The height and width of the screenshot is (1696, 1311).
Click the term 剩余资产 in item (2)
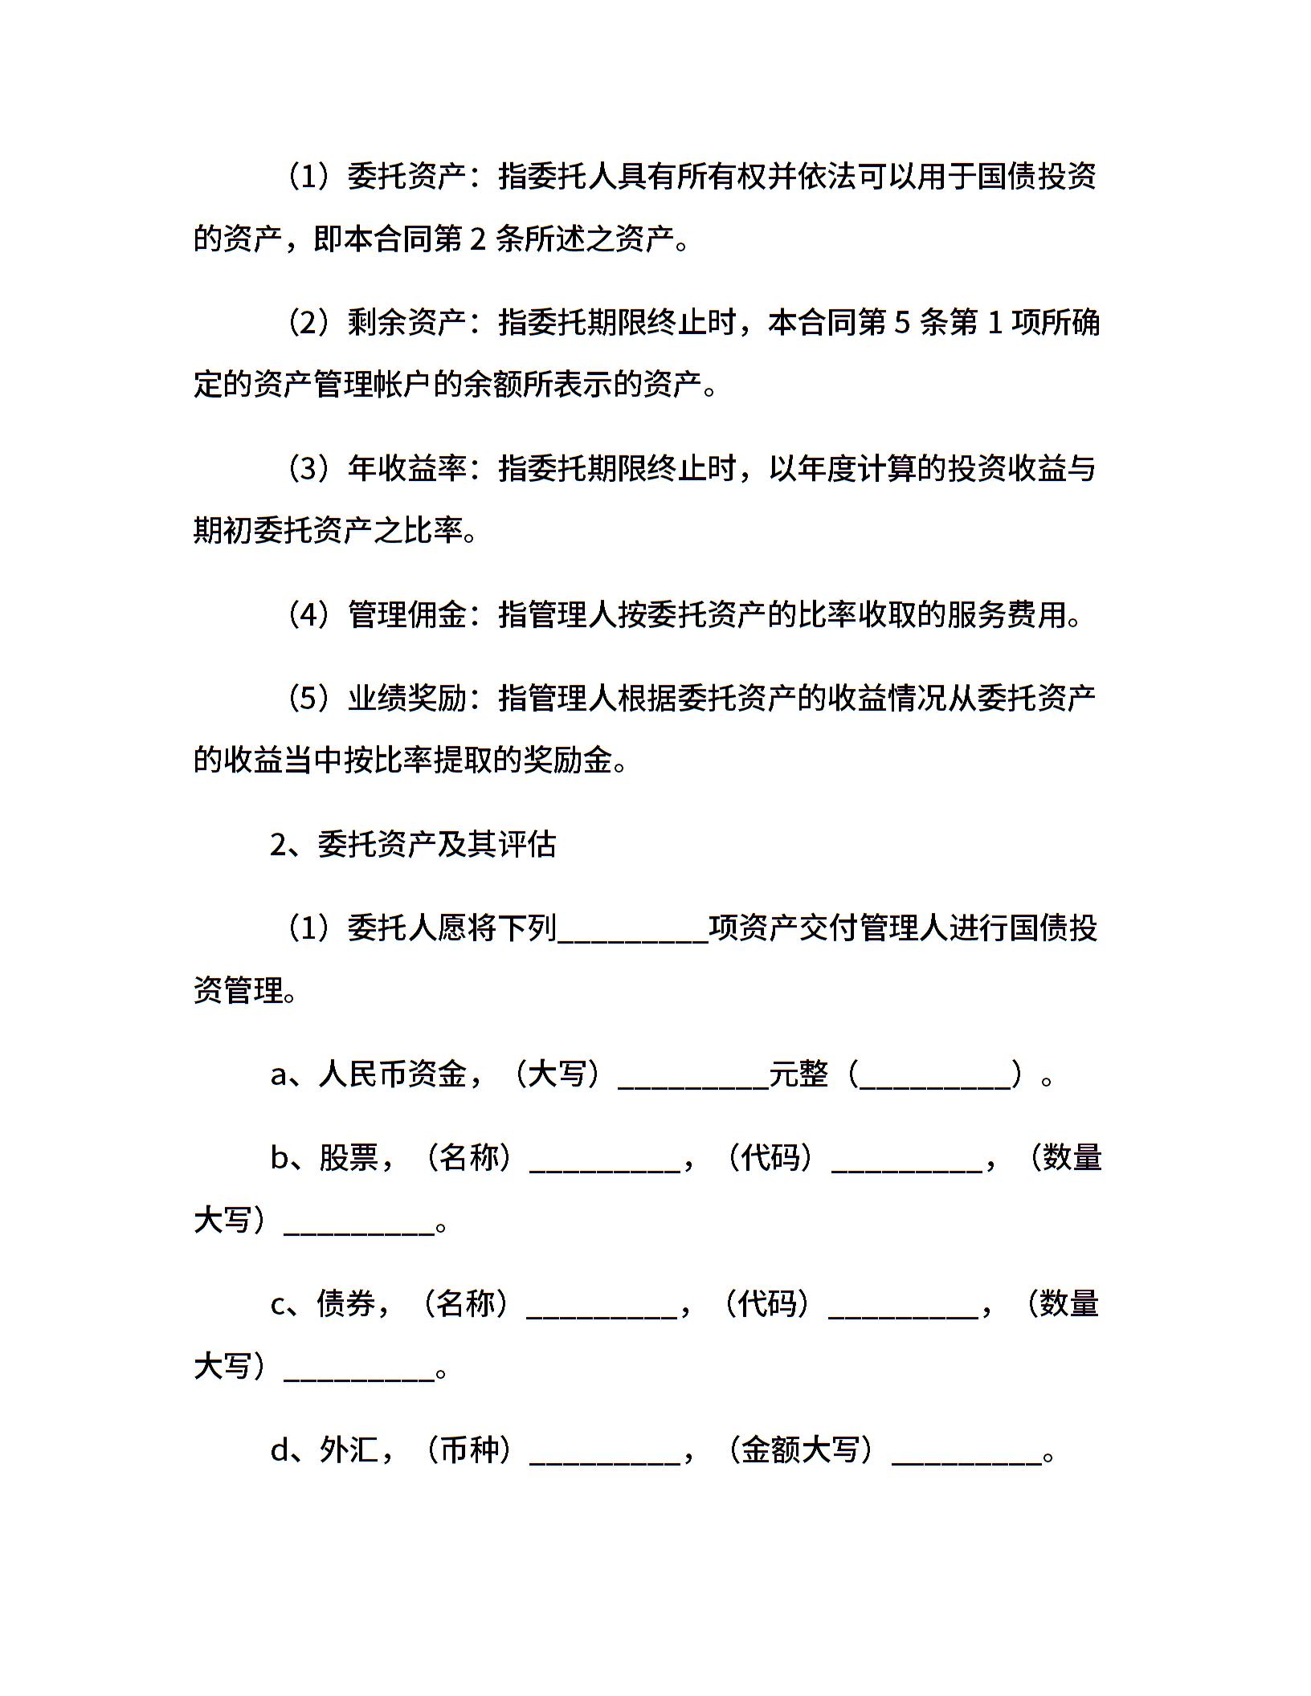[407, 323]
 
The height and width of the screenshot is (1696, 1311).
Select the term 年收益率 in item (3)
[407, 469]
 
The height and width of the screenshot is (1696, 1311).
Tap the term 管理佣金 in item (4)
[407, 615]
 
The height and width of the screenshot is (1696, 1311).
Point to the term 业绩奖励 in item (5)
[407, 699]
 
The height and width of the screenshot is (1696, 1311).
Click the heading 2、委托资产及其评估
[413, 845]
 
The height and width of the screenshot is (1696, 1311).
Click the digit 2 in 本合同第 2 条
[478, 240]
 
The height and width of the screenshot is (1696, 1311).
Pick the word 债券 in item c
[346, 1304]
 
